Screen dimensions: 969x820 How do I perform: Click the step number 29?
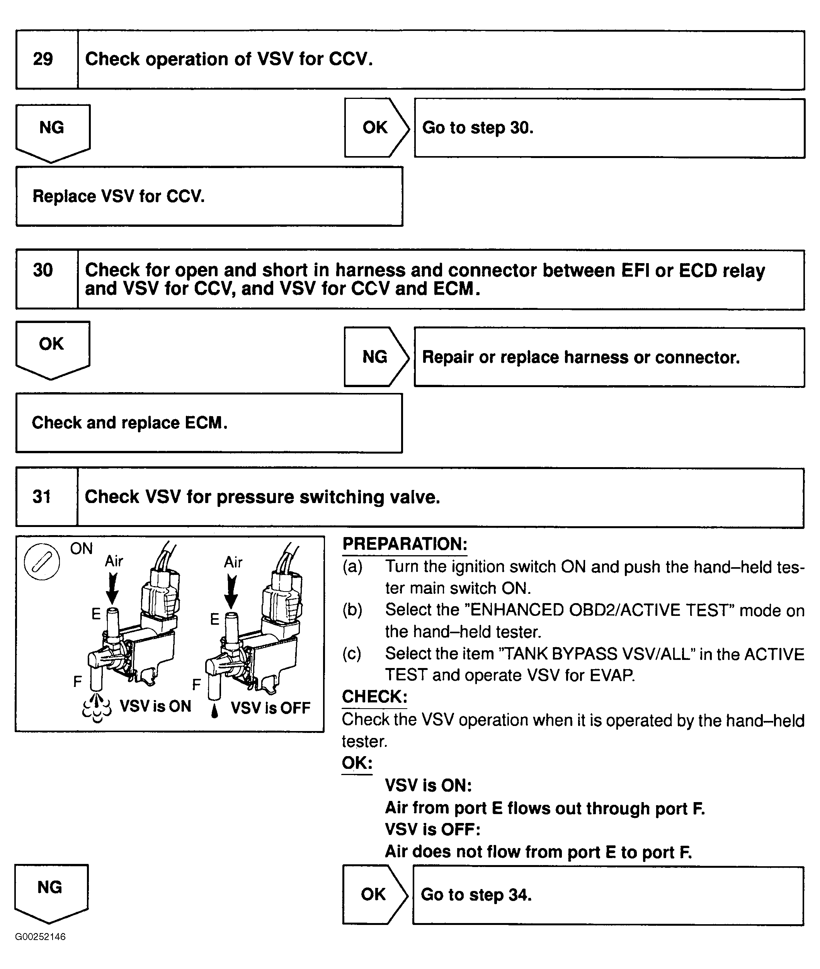[43, 59]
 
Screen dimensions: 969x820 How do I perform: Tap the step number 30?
[43, 270]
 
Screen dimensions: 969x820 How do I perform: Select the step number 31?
[42, 496]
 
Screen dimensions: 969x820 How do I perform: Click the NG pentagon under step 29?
[52, 130]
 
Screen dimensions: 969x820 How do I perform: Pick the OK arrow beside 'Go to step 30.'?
[376, 127]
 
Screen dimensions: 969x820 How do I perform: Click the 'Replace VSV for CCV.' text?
[119, 196]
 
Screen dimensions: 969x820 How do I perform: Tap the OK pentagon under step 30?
[52, 347]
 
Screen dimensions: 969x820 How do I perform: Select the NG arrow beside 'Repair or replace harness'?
[375, 357]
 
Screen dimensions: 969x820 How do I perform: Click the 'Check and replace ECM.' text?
[129, 422]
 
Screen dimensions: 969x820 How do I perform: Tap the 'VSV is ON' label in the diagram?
[155, 706]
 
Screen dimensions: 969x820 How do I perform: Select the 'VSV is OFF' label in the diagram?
[270, 708]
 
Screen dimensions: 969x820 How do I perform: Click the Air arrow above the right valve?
[231, 590]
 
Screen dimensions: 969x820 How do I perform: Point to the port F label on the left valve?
[78, 681]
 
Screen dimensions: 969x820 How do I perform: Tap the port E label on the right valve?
[214, 619]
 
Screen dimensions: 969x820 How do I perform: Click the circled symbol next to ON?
[41, 562]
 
